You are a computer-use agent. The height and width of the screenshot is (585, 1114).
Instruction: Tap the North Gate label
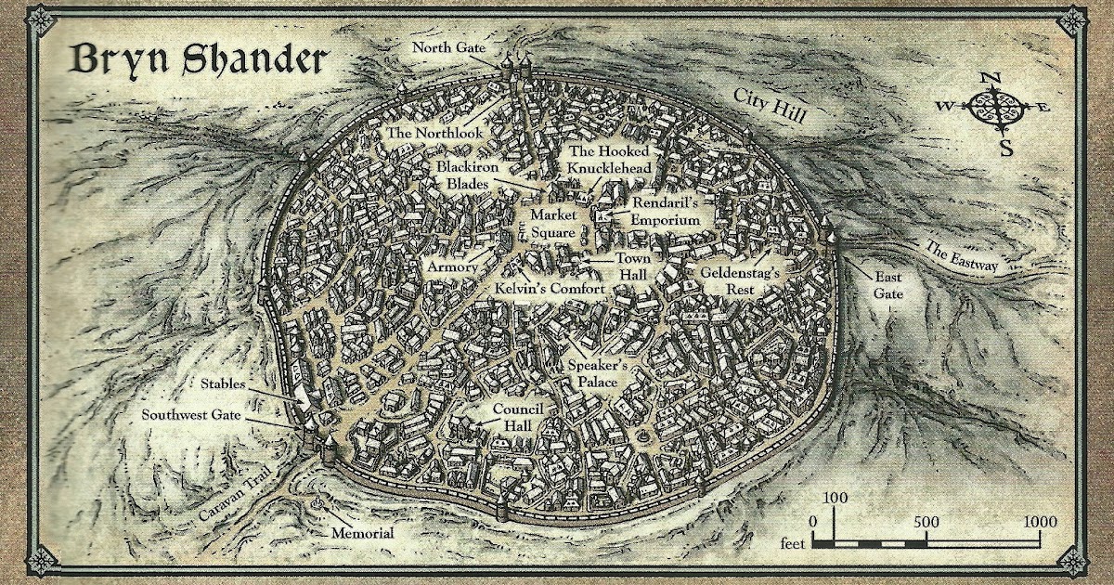(449, 47)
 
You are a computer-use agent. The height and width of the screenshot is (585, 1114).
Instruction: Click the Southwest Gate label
(190, 415)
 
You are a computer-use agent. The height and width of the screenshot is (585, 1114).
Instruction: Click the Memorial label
(362, 533)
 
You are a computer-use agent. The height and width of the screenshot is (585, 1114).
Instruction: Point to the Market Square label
(553, 224)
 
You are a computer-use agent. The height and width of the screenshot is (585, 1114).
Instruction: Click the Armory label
(453, 266)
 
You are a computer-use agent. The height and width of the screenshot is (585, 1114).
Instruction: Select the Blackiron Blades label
(473, 175)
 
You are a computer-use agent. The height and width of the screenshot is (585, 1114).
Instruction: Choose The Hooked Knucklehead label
(611, 159)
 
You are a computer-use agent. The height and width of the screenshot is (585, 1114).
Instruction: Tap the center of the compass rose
(994, 109)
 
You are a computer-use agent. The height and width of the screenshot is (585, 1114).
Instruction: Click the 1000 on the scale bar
(1040, 521)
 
